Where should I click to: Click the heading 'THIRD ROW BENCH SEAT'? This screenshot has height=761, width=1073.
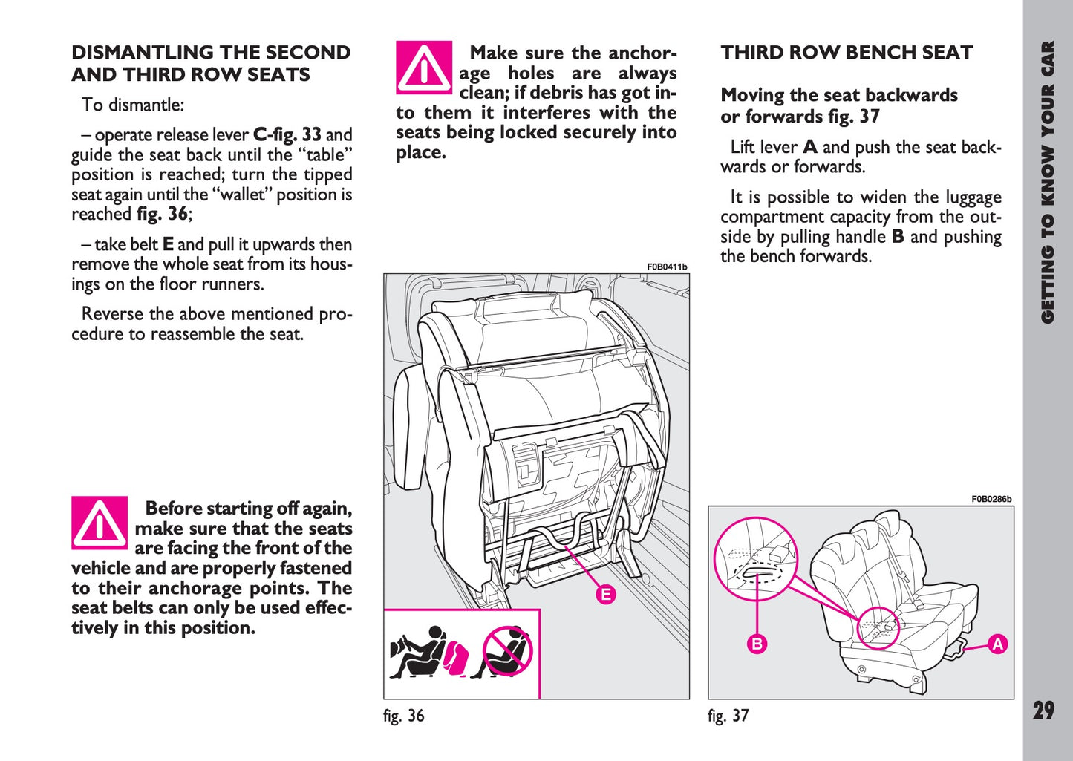pyautogui.click(x=847, y=53)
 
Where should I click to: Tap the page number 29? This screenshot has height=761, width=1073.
pyautogui.click(x=1043, y=711)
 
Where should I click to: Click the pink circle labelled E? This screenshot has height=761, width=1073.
pyautogui.click(x=607, y=594)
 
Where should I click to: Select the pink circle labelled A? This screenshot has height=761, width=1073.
pyautogui.click(x=997, y=644)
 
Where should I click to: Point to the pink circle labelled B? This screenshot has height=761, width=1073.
pyautogui.click(x=757, y=644)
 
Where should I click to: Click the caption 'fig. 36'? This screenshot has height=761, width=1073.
pyautogui.click(x=404, y=716)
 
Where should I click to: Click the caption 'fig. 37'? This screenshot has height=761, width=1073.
pyautogui.click(x=728, y=716)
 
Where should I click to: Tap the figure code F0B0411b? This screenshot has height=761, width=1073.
pyautogui.click(x=667, y=267)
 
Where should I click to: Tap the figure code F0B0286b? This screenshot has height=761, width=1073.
pyautogui.click(x=991, y=499)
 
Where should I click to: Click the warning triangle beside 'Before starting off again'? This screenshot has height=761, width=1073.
pyautogui.click(x=100, y=523)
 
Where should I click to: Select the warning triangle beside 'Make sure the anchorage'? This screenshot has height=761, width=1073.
pyautogui.click(x=423, y=68)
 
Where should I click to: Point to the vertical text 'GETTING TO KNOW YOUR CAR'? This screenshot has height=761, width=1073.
pyautogui.click(x=1047, y=182)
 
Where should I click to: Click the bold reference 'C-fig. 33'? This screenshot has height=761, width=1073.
pyautogui.click(x=287, y=135)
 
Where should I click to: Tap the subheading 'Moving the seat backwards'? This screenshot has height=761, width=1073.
pyautogui.click(x=839, y=95)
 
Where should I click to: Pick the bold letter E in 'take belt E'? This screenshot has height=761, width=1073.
pyautogui.click(x=168, y=244)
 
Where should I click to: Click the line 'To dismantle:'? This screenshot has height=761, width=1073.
pyautogui.click(x=133, y=105)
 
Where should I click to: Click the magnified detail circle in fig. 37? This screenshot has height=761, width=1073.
pyautogui.click(x=755, y=559)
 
